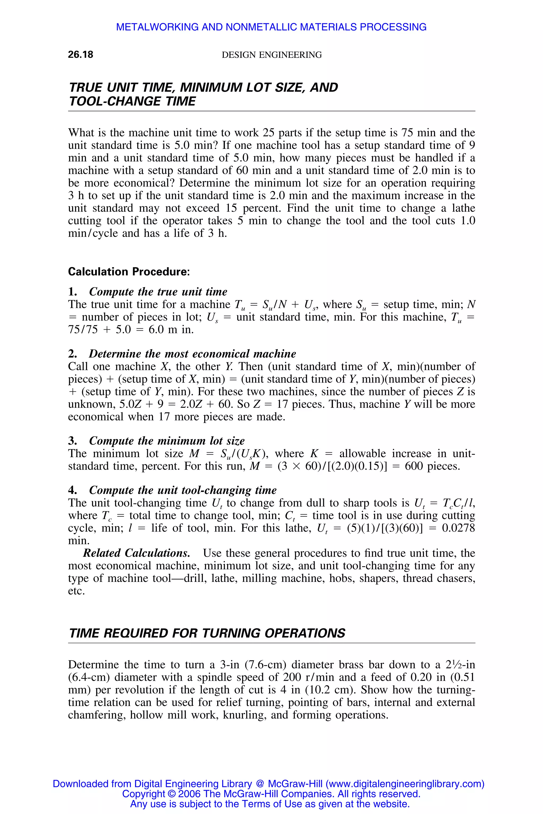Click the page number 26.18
[80, 55]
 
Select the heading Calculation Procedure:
[129, 272]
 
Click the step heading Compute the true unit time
[158, 292]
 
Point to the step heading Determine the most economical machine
[192, 354]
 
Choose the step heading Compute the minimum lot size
[167, 441]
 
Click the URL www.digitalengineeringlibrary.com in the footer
[404, 784]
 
